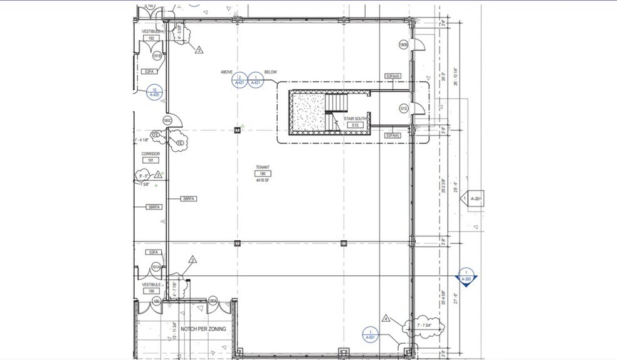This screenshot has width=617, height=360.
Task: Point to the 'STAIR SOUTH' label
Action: (355, 119)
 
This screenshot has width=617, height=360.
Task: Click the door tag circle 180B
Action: (404, 45)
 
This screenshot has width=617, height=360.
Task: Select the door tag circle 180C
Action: (167, 120)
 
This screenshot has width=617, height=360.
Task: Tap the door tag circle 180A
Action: (213, 302)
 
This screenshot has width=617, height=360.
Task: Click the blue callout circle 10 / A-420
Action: (154, 92)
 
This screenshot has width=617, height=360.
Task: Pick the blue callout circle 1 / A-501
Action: (371, 335)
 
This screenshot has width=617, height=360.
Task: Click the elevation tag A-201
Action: (476, 199)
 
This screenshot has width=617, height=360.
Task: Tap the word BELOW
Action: (271, 72)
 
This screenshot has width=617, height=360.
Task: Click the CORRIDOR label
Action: (150, 154)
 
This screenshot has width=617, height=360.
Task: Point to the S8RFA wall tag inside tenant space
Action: (189, 198)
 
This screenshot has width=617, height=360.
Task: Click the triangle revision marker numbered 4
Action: (386, 319)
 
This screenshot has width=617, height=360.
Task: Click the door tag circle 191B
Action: (157, 56)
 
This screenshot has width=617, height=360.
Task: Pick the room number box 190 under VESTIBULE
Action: (151, 291)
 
